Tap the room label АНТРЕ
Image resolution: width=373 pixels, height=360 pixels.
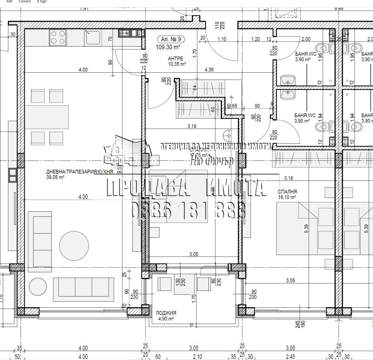(x=176, y=59)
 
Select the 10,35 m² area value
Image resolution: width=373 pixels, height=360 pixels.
(x=177, y=64)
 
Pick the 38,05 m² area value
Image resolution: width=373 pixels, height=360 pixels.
(x=55, y=177)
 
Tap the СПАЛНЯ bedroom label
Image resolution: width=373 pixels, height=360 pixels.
(x=287, y=192)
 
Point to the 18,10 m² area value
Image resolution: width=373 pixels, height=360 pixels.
(x=287, y=197)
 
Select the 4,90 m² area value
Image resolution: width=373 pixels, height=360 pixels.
(x=165, y=319)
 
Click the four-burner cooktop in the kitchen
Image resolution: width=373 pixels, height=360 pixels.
(x=57, y=37)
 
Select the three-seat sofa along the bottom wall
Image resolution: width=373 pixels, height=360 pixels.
(x=83, y=285)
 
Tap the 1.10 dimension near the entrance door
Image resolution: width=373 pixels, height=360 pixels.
(x=221, y=39)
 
